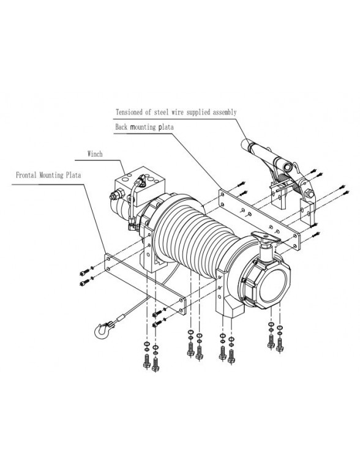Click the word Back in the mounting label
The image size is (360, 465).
tap(122, 127)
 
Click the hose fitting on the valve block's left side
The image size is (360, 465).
tap(115, 197)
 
